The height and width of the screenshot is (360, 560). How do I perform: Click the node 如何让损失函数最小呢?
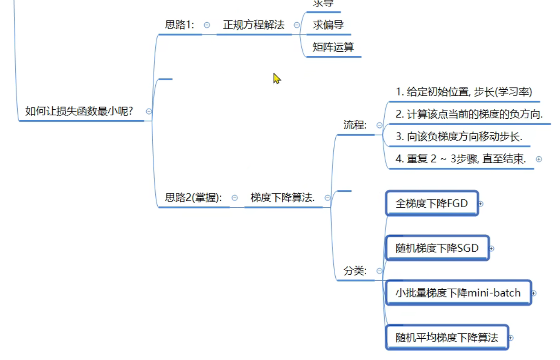79,111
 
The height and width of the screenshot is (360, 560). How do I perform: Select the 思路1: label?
179,25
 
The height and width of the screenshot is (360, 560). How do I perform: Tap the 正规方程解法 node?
253,25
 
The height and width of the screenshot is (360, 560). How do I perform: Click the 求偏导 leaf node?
328,25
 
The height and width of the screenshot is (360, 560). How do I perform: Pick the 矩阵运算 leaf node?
333,47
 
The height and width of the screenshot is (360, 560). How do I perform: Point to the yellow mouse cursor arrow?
276,78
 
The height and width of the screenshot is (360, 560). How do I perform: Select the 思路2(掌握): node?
193,197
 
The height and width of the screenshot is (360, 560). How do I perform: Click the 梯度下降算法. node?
283,197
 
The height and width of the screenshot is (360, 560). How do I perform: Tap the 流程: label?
355,125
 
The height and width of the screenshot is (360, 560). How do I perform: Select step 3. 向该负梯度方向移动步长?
459,136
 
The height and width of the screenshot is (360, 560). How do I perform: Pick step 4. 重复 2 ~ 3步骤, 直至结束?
460,159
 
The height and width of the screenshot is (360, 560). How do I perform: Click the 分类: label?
355,271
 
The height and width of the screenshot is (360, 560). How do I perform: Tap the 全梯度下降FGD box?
431,204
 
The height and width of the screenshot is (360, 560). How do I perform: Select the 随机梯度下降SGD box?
437,248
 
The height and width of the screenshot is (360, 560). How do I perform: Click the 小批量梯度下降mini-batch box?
458,293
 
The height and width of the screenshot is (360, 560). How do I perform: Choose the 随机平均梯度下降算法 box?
446,338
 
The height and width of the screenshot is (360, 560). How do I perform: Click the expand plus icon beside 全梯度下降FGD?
481,204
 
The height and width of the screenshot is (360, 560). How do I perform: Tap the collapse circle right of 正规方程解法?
297,25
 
